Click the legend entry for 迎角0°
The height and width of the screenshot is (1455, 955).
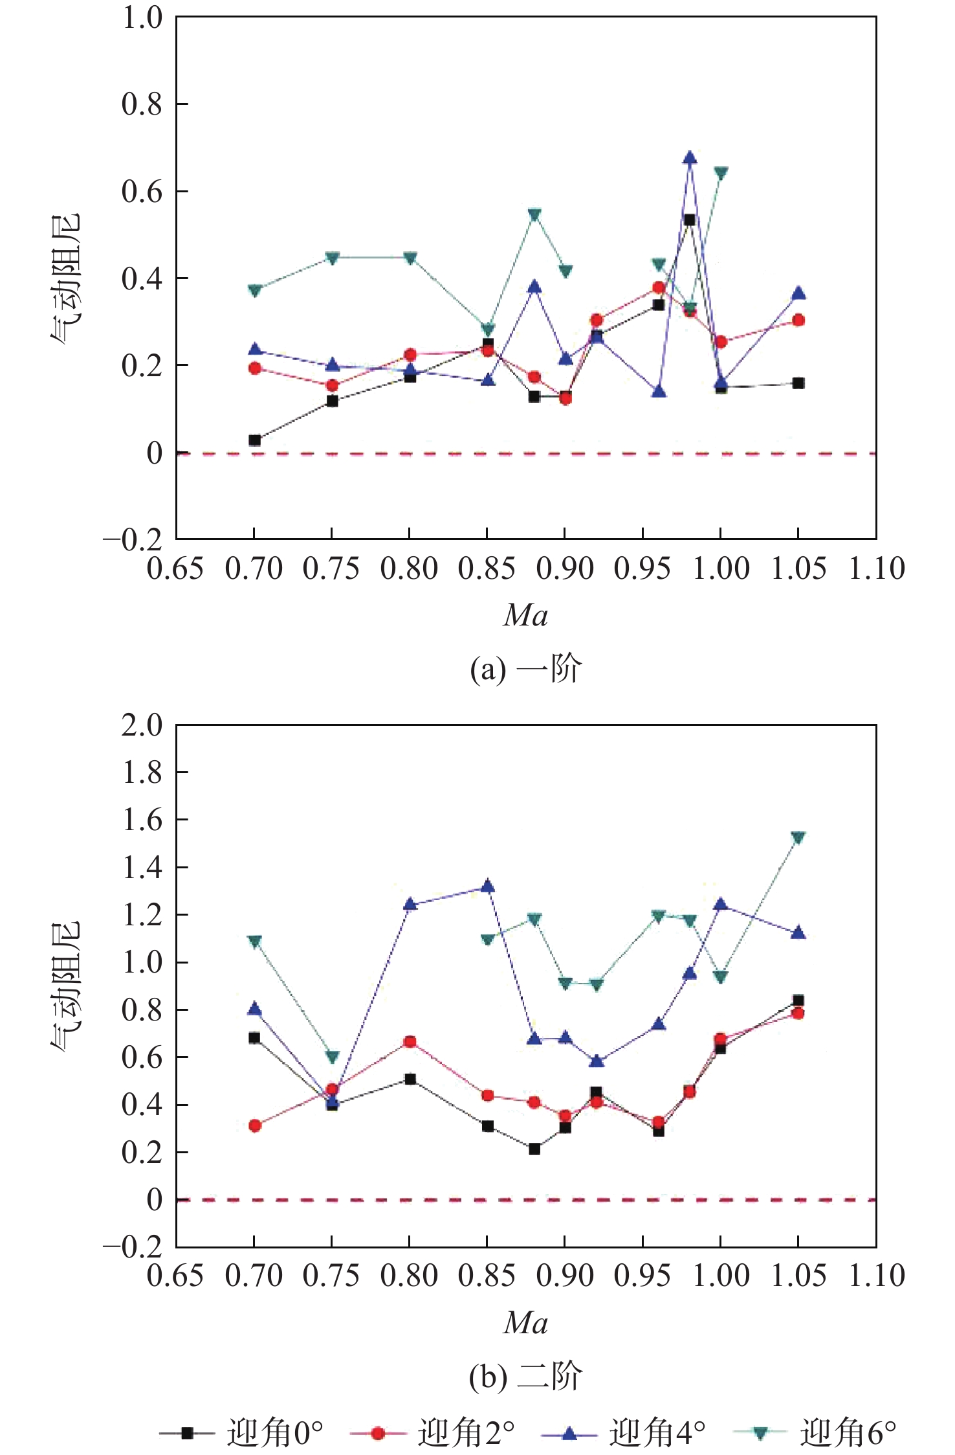pyautogui.click(x=241, y=1432)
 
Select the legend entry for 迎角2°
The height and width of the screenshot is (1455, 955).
pyautogui.click(x=432, y=1432)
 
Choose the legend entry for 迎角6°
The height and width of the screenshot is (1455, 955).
pyautogui.click(x=815, y=1432)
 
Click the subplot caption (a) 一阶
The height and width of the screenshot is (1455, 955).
pyautogui.click(x=526, y=669)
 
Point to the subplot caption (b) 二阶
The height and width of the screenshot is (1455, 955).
pyautogui.click(x=526, y=1376)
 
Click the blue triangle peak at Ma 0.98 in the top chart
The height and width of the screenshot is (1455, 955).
pyautogui.click(x=690, y=157)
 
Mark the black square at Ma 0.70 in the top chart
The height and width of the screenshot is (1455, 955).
pyautogui.click(x=255, y=440)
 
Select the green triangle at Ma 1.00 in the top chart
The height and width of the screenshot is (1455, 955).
pyautogui.click(x=721, y=173)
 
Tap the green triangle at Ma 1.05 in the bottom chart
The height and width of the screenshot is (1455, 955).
pyautogui.click(x=798, y=838)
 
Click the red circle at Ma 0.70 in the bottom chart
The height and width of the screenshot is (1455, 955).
pyautogui.click(x=255, y=1126)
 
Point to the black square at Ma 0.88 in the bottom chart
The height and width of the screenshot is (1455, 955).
pyautogui.click(x=534, y=1149)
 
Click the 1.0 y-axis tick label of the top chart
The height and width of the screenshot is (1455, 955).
pyautogui.click(x=142, y=17)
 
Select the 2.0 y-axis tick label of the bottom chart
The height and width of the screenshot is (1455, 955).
pyautogui.click(x=142, y=725)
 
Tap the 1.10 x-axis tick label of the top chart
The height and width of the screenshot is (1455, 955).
pyautogui.click(x=877, y=569)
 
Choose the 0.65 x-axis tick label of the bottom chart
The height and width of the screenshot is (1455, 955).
pyautogui.click(x=175, y=1276)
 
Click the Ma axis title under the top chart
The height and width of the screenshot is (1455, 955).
pyautogui.click(x=526, y=615)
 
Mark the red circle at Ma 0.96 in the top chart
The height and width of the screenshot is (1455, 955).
pyautogui.click(x=659, y=288)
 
